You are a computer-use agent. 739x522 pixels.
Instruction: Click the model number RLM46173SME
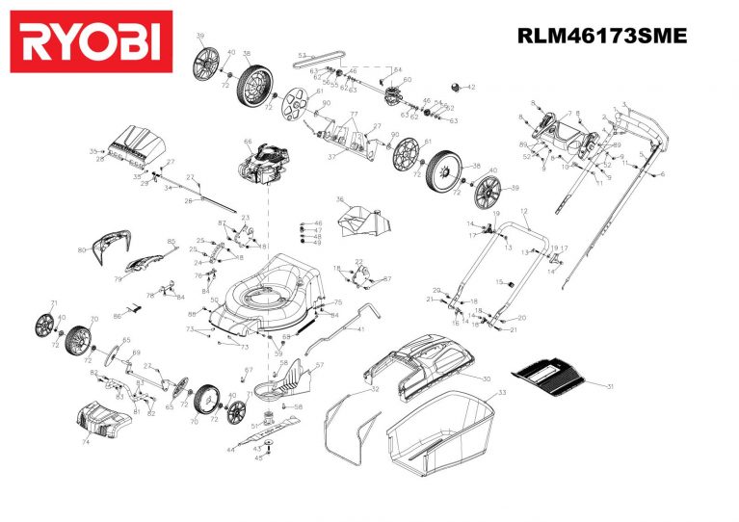pos(601,37)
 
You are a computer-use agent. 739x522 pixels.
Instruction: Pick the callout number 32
pos(375,389)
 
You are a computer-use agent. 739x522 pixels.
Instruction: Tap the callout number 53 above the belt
pos(301,55)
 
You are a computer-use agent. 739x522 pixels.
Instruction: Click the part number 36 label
pos(339,199)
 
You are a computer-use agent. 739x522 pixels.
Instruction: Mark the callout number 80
pos(82,250)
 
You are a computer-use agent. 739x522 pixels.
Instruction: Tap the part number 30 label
pos(487,379)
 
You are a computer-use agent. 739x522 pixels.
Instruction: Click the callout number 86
pos(117,316)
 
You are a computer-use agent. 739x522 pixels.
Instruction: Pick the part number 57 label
pos(320,365)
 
